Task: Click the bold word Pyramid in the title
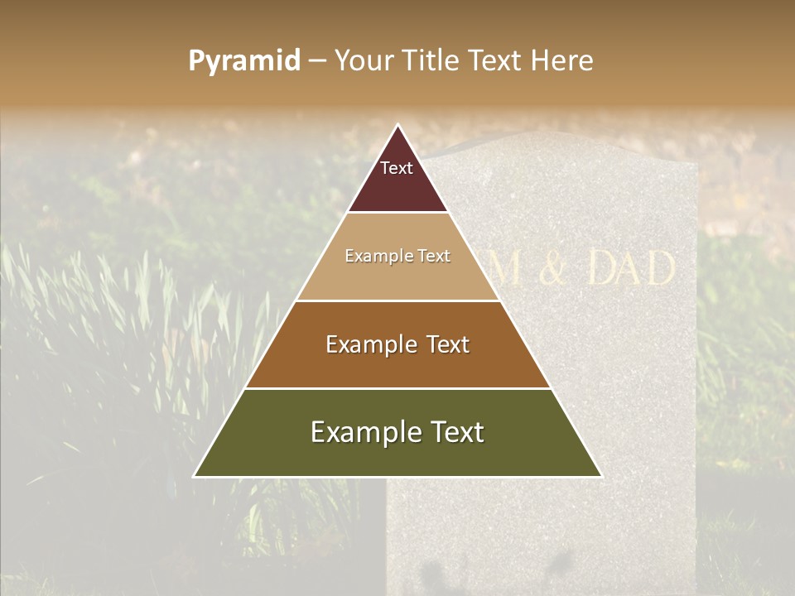click(x=244, y=60)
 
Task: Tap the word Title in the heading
click(x=431, y=60)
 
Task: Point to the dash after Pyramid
click(x=317, y=61)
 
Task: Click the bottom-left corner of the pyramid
click(x=195, y=476)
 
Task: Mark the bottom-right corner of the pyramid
click(x=601, y=476)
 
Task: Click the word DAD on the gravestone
click(x=631, y=269)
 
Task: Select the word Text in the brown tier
click(x=437, y=344)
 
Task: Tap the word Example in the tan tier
click(x=376, y=257)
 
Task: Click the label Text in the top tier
click(x=397, y=168)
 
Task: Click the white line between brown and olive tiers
click(x=397, y=388)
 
